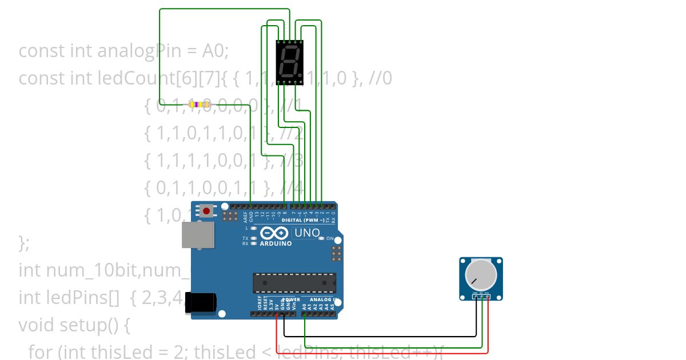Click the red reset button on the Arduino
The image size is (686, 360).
(x=206, y=210)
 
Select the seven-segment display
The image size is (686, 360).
(x=289, y=62)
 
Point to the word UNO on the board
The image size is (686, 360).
(x=306, y=233)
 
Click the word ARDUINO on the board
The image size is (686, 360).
(x=276, y=243)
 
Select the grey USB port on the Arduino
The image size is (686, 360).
(x=198, y=234)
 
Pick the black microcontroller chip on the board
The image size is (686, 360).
(x=294, y=283)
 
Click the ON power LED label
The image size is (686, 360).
(x=330, y=238)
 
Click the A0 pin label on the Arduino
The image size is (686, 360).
(x=305, y=306)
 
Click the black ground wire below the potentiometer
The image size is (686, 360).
(x=377, y=337)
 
